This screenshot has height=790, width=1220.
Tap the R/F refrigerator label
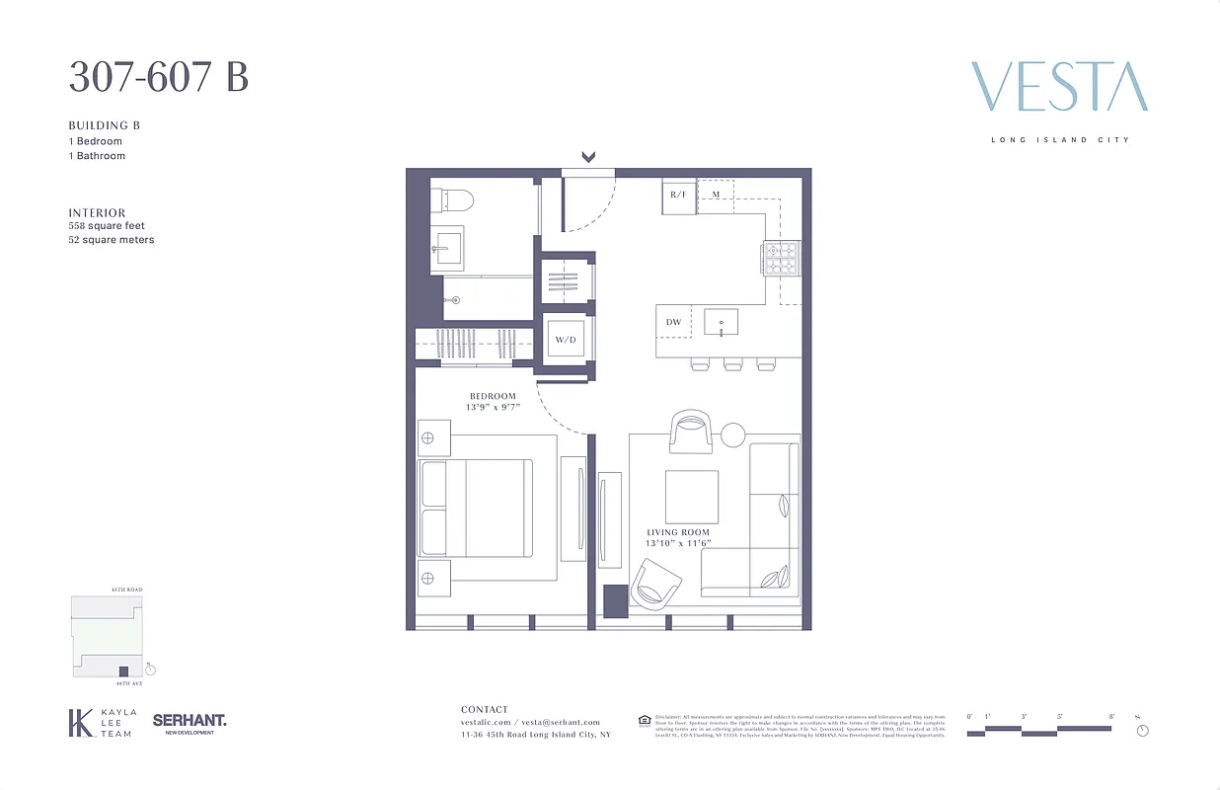[678, 196]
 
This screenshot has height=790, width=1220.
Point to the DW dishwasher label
[673, 322]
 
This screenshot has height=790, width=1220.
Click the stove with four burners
[780, 259]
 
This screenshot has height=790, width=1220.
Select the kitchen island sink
[722, 322]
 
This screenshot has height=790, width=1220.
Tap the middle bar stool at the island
[732, 364]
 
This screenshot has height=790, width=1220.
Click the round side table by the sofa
[733, 434]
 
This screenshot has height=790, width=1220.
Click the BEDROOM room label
[493, 397]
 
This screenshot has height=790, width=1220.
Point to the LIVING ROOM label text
[677, 533]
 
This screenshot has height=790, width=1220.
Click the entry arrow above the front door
[589, 156]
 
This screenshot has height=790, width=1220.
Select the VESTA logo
[1059, 87]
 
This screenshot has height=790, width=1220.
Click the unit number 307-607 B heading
[158, 77]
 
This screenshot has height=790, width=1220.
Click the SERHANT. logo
[190, 721]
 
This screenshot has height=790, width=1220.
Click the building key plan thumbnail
[109, 636]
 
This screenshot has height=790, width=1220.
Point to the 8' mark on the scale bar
[1111, 716]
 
